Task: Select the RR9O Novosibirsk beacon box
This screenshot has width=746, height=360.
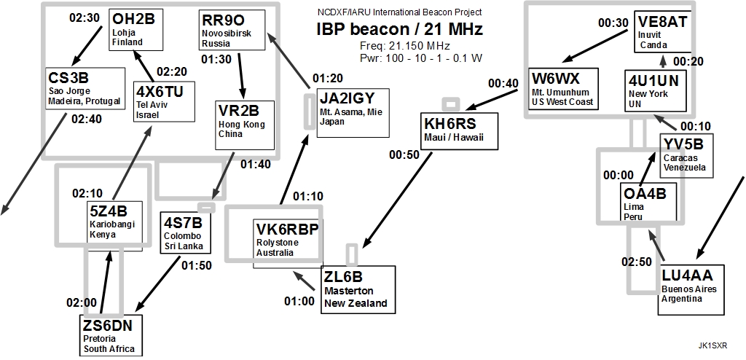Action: click(x=232, y=30)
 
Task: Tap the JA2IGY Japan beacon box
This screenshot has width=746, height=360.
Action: click(x=353, y=112)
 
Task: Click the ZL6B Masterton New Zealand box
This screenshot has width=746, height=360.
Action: click(x=358, y=289)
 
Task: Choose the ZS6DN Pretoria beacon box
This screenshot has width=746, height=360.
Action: click(x=110, y=335)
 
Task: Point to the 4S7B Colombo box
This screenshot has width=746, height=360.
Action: click(x=185, y=232)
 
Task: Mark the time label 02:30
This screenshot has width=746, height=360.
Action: click(x=85, y=17)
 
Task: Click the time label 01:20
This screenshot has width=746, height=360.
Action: click(x=328, y=78)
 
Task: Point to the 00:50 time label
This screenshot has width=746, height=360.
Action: click(x=404, y=154)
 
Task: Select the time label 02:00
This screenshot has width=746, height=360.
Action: click(x=82, y=302)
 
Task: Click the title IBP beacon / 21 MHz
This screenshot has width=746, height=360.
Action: click(x=400, y=30)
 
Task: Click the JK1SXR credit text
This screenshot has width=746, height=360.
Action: click(x=712, y=345)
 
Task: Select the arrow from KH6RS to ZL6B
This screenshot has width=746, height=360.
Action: click(x=397, y=200)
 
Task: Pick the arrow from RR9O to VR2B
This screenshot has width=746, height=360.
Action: click(x=241, y=75)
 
